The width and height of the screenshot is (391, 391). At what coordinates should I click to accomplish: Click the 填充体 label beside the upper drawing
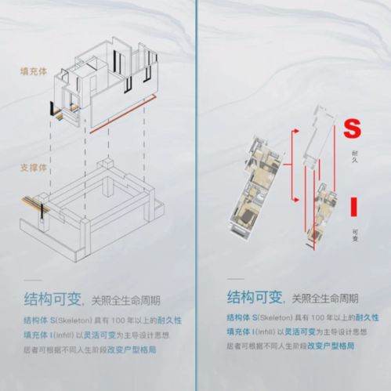tap(34, 71)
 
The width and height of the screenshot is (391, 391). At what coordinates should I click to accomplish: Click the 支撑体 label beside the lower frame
tap(34, 168)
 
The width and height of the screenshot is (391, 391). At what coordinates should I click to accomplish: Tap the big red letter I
tap(354, 205)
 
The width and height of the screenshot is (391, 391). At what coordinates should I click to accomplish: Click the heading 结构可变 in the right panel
tap(254, 297)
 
